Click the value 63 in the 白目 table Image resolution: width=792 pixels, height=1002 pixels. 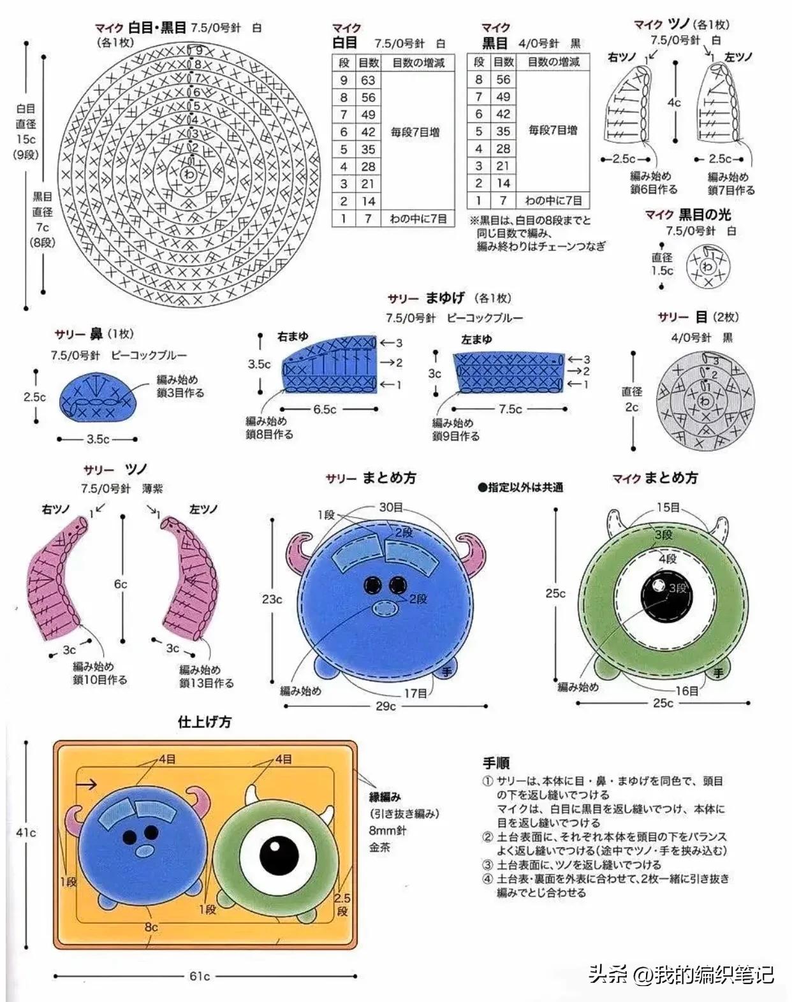click(x=368, y=80)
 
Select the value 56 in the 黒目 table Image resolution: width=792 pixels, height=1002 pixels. click(x=503, y=80)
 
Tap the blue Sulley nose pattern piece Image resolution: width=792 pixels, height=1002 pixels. click(x=98, y=399)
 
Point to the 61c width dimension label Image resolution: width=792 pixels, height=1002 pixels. click(x=200, y=976)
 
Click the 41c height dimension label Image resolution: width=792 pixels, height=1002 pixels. click(x=26, y=832)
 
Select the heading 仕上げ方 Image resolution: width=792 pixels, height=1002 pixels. click(x=205, y=722)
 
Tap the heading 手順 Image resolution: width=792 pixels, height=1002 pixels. click(x=496, y=763)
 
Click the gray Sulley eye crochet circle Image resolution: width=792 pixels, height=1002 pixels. click(x=704, y=400)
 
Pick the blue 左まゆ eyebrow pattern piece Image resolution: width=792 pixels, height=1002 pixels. click(x=508, y=371)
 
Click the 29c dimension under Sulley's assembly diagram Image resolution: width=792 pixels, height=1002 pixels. click(x=385, y=706)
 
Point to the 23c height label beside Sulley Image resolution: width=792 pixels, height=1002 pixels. click(x=272, y=599)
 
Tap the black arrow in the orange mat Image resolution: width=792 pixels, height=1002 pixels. click(x=87, y=784)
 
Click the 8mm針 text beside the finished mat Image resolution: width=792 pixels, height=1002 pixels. click(x=388, y=831)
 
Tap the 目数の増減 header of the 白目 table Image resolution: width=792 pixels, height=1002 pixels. click(x=418, y=62)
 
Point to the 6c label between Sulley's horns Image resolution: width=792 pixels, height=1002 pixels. click(x=121, y=584)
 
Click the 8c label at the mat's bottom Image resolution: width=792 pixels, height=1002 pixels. click(x=151, y=927)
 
